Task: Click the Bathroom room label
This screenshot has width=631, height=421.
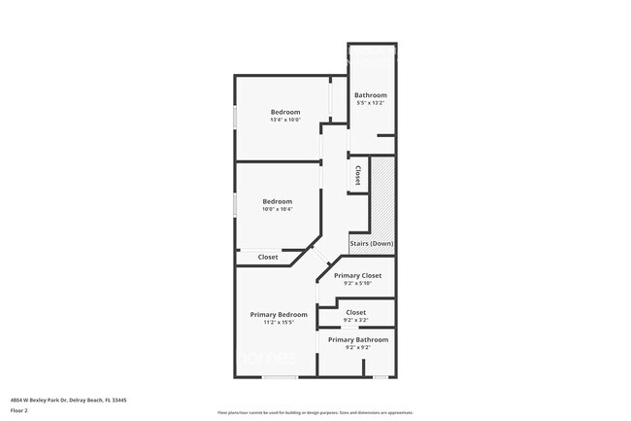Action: [x=371, y=94]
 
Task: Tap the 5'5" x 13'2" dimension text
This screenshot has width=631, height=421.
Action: [x=371, y=102]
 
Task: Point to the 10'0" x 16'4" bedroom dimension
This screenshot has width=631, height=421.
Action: [x=278, y=209]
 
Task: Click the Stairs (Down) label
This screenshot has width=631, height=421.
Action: [x=372, y=244]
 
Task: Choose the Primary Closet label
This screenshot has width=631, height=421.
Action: [x=357, y=275]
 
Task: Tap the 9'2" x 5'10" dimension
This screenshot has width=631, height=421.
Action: [x=357, y=284]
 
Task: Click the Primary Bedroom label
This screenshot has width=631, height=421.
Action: [x=279, y=314]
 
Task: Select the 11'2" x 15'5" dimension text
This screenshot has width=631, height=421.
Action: [x=279, y=323]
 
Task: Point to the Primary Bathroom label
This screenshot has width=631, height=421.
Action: [x=357, y=339]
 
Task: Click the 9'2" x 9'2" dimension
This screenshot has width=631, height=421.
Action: [x=357, y=347]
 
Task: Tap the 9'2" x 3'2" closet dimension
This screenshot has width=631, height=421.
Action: [x=355, y=320]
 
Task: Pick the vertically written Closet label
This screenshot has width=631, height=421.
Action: [x=357, y=176]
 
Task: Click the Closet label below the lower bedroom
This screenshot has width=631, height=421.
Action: [x=268, y=257]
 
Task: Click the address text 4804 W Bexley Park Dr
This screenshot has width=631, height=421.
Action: [x=69, y=400]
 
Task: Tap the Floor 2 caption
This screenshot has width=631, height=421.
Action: [x=20, y=411]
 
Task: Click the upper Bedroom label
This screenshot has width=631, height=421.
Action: [x=285, y=112]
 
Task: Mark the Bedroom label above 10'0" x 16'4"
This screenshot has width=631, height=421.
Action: [x=278, y=201]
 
